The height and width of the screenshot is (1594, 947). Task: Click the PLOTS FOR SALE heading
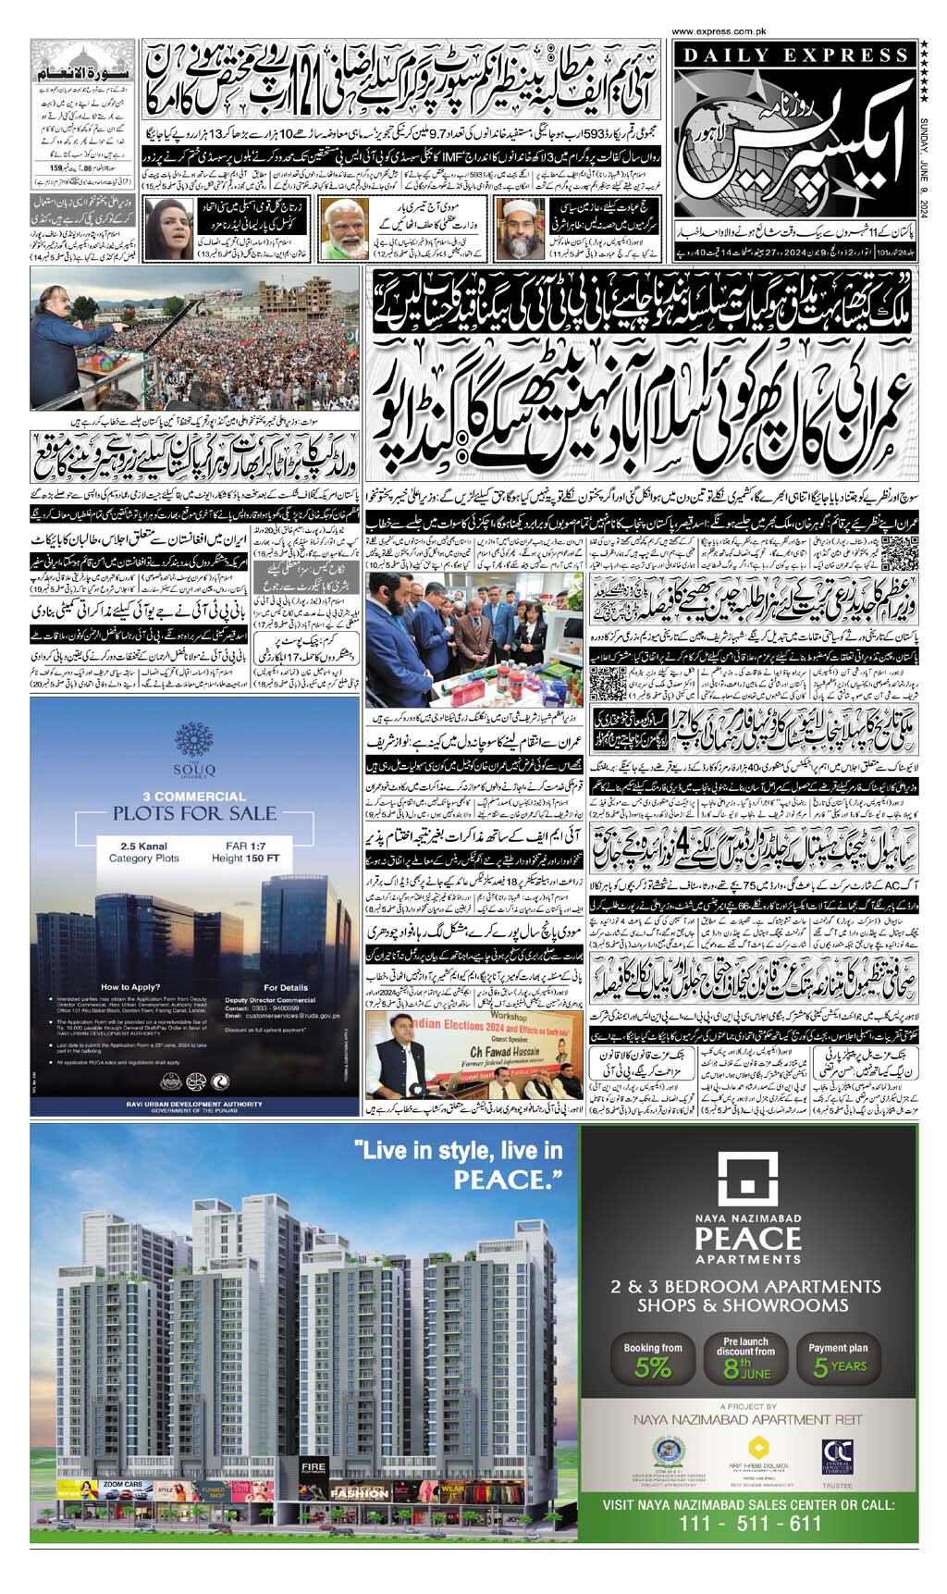(194, 813)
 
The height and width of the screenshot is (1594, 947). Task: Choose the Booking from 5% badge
(653, 1362)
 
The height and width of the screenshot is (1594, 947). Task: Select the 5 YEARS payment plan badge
(839, 1362)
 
